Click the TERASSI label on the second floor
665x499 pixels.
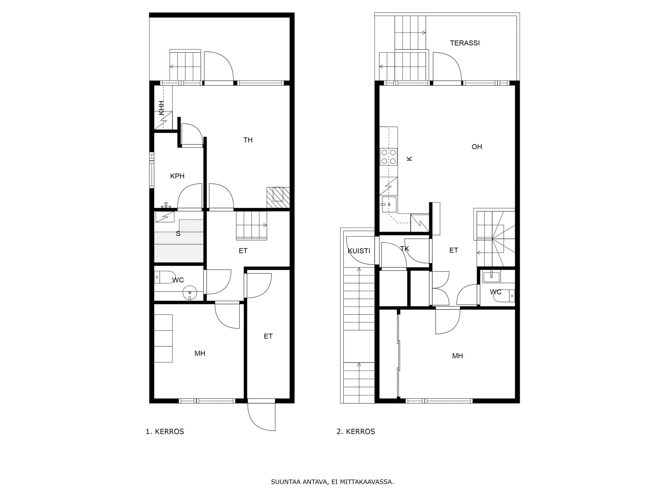tap(464, 43)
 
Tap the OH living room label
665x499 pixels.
tap(477, 147)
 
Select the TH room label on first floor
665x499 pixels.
tap(248, 140)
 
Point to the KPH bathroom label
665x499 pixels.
tap(177, 176)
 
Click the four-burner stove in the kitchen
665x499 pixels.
tap(389, 157)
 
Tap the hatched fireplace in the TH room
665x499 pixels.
tap(278, 198)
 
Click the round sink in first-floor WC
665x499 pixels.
tap(190, 293)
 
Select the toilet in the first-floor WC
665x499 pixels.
tap(163, 277)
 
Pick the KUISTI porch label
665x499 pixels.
tap(359, 251)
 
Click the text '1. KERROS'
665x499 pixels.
tap(165, 432)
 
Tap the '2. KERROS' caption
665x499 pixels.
tap(356, 432)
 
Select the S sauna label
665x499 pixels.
tap(178, 234)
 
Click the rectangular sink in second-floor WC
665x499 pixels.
tap(491, 277)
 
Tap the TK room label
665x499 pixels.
tap(404, 249)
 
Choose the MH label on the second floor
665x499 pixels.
tap(458, 356)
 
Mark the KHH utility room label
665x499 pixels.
tap(162, 108)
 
